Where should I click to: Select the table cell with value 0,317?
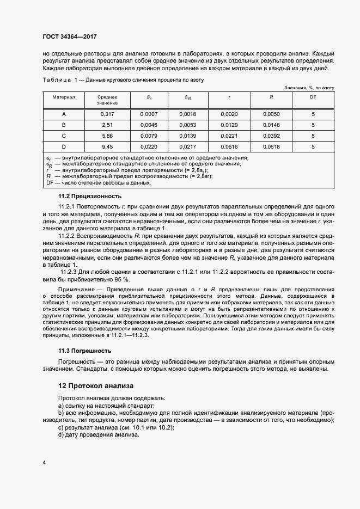click(x=107, y=114)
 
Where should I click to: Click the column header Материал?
click(x=64, y=97)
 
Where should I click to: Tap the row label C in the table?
click(x=64, y=136)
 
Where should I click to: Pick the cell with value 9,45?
click(x=107, y=146)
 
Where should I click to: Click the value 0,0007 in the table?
click(x=149, y=114)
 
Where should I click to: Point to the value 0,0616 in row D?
click(x=229, y=146)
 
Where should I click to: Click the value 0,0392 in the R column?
click(x=271, y=136)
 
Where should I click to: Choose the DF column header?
click(x=313, y=97)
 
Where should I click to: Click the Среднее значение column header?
click(x=107, y=100)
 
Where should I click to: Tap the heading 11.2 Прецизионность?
click(x=90, y=196)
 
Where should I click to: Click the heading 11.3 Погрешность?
click(x=85, y=351)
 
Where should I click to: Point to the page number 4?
click(x=44, y=462)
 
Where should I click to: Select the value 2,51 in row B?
click(x=107, y=125)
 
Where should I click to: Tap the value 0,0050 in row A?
click(x=271, y=114)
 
